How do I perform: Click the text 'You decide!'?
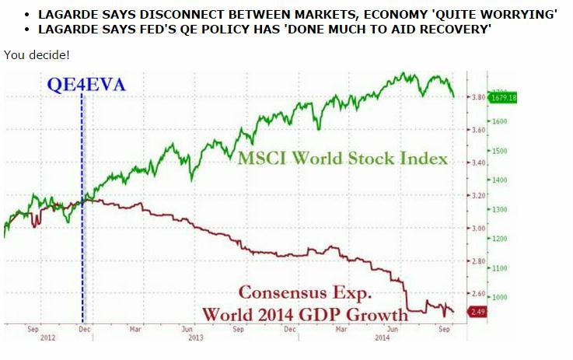(37, 54)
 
